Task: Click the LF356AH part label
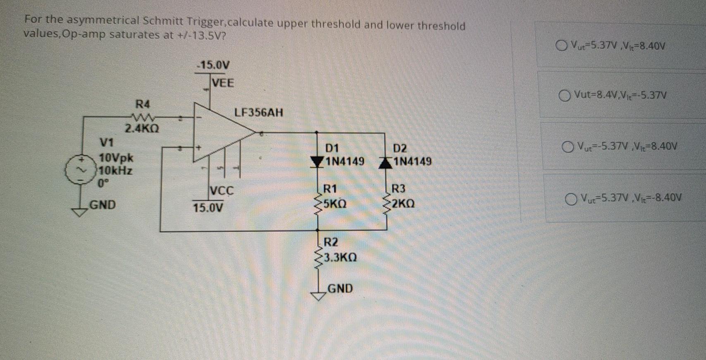259,112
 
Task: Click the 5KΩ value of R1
335,204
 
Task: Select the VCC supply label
222,191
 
